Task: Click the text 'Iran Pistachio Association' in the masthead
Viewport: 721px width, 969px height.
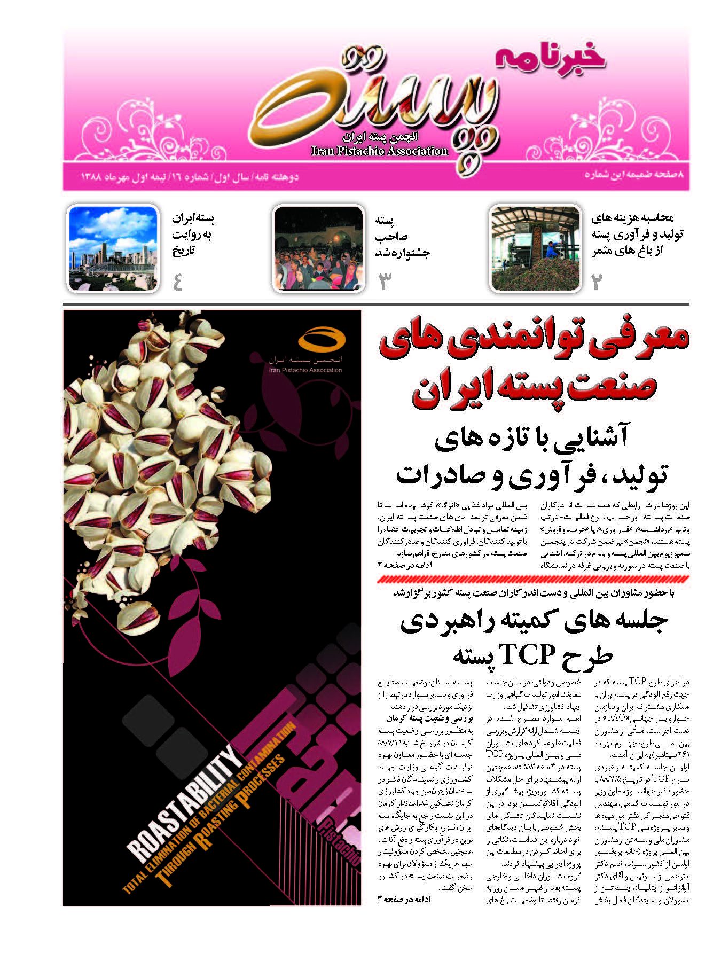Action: (x=379, y=151)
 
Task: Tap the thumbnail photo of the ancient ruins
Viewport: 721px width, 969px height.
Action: (x=113, y=248)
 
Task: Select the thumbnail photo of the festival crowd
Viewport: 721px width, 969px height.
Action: (x=318, y=249)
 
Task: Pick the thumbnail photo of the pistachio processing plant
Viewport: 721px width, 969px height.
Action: (x=535, y=249)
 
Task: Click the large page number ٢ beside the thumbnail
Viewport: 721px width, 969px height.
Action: (x=597, y=282)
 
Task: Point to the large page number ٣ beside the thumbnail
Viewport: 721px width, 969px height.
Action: (x=385, y=282)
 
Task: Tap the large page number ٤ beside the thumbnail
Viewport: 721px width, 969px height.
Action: (x=178, y=282)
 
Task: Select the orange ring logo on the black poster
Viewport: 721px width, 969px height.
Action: (x=322, y=339)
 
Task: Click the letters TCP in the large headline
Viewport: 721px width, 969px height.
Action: (x=527, y=655)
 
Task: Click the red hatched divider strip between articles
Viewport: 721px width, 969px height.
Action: (x=532, y=579)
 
